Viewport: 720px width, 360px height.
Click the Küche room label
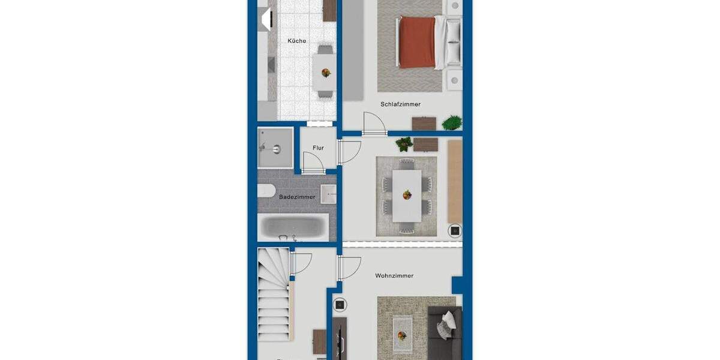296,41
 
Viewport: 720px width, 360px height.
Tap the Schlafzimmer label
400,104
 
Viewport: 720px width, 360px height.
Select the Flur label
318,148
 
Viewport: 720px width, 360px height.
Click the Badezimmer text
297,197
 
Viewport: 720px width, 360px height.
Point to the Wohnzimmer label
394,276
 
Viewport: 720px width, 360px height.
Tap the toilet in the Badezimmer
266,192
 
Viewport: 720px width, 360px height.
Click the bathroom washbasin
328,194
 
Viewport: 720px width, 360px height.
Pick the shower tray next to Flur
275,148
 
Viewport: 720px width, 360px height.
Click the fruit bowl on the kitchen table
326,73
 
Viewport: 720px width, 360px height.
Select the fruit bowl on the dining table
407,194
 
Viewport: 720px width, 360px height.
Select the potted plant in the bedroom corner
452,123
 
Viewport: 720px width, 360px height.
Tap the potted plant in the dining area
404,144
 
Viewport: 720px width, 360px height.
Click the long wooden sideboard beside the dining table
455,181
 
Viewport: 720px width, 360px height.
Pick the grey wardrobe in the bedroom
353,51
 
